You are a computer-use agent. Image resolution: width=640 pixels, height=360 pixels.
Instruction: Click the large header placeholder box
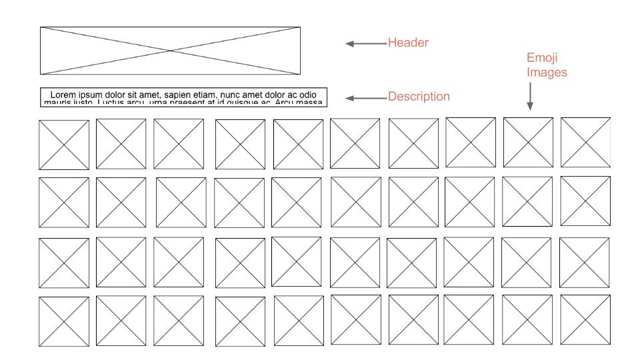tap(170, 51)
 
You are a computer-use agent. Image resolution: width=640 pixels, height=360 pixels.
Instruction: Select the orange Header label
tap(408, 43)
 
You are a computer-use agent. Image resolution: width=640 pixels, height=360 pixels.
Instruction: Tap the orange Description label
tap(419, 97)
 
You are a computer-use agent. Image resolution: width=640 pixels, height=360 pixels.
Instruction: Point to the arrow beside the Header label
tap(365, 44)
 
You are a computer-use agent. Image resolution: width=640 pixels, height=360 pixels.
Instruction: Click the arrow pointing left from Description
tap(365, 98)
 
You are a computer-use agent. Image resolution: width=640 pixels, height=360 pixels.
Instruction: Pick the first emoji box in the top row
tap(63, 145)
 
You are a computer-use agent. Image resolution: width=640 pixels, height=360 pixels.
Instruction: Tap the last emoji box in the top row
tap(585, 142)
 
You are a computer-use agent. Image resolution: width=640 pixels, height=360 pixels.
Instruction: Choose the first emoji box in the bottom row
tap(63, 321)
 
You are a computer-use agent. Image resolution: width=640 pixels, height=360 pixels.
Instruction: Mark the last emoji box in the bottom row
tap(585, 319)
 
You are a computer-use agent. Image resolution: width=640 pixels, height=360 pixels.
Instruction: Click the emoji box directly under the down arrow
tap(528, 142)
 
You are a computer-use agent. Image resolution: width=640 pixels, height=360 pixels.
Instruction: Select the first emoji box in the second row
tap(63, 203)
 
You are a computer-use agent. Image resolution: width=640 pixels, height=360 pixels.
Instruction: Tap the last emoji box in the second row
tap(585, 201)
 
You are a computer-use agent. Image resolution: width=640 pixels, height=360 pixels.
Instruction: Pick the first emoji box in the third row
tap(63, 262)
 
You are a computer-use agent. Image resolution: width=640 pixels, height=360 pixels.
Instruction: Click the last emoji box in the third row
tap(584, 261)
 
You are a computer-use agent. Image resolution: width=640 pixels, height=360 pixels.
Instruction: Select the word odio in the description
tap(305, 95)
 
